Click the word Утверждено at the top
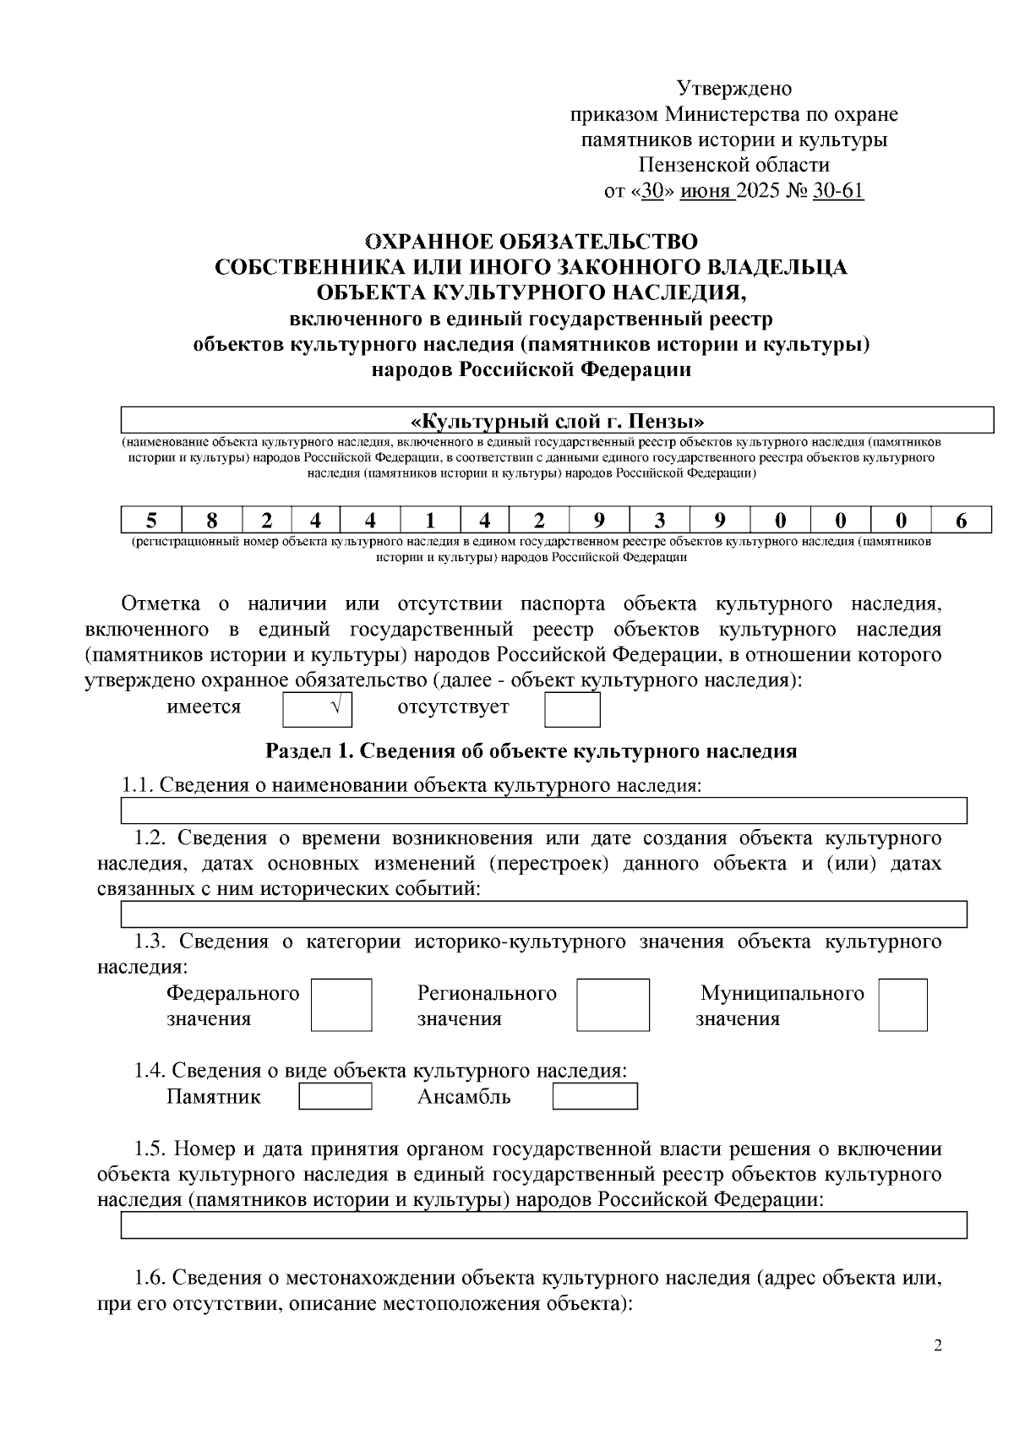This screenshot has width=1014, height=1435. click(733, 89)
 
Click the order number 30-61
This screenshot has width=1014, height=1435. click(837, 191)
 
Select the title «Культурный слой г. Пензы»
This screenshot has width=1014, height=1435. click(557, 421)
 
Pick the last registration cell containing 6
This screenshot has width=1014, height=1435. click(961, 520)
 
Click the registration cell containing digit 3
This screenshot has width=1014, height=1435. click(659, 520)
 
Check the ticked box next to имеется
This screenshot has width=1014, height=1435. click(317, 709)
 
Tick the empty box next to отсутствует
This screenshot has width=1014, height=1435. click(571, 709)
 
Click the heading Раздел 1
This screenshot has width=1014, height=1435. click(531, 750)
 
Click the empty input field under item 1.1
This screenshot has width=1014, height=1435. click(543, 810)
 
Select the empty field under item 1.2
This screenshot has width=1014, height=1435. click(543, 914)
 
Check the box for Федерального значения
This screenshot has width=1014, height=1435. click(341, 1005)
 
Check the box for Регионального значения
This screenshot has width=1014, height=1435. click(613, 1005)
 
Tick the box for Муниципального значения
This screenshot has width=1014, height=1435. click(902, 1005)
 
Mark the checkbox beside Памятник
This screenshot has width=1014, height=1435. click(335, 1096)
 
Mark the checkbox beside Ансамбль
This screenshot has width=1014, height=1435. click(594, 1096)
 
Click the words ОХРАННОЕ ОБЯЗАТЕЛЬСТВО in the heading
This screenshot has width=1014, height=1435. click(531, 242)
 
